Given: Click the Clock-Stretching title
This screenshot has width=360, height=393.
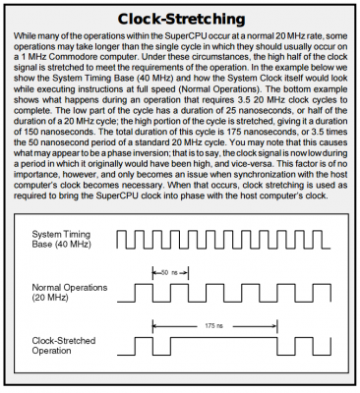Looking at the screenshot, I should coord(179,19).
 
